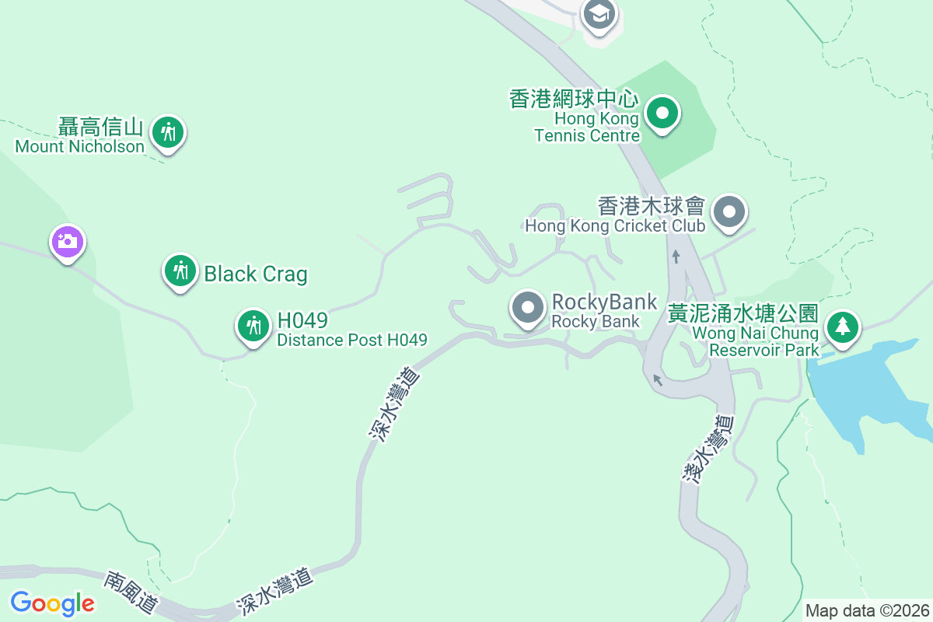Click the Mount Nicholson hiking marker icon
click(168, 131)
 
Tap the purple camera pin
click(68, 241)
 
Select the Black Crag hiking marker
click(180, 271)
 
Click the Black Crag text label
click(255, 274)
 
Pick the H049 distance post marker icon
click(253, 324)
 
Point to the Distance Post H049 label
click(351, 340)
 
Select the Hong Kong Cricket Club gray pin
click(729, 211)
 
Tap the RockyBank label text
click(604, 302)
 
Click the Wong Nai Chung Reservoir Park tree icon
click(842, 327)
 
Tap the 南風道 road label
click(131, 593)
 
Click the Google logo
click(52, 603)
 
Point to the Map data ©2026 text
click(867, 610)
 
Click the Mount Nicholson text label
click(80, 146)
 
